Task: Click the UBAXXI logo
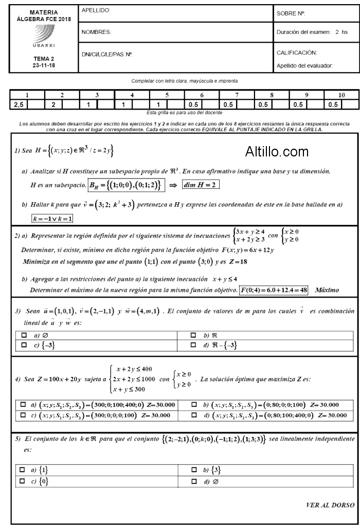click(x=44, y=36)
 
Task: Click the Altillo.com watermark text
click(x=277, y=152)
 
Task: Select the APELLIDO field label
click(x=96, y=11)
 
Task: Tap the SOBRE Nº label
click(x=291, y=13)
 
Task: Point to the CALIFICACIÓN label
click(x=297, y=53)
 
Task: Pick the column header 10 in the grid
click(x=341, y=95)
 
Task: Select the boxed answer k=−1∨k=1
click(x=52, y=219)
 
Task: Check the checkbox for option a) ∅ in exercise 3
click(x=24, y=335)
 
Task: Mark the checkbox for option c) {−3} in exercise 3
click(x=24, y=345)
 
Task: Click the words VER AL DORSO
click(x=330, y=505)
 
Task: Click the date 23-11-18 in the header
click(x=43, y=66)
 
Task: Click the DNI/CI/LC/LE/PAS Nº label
click(x=107, y=54)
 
